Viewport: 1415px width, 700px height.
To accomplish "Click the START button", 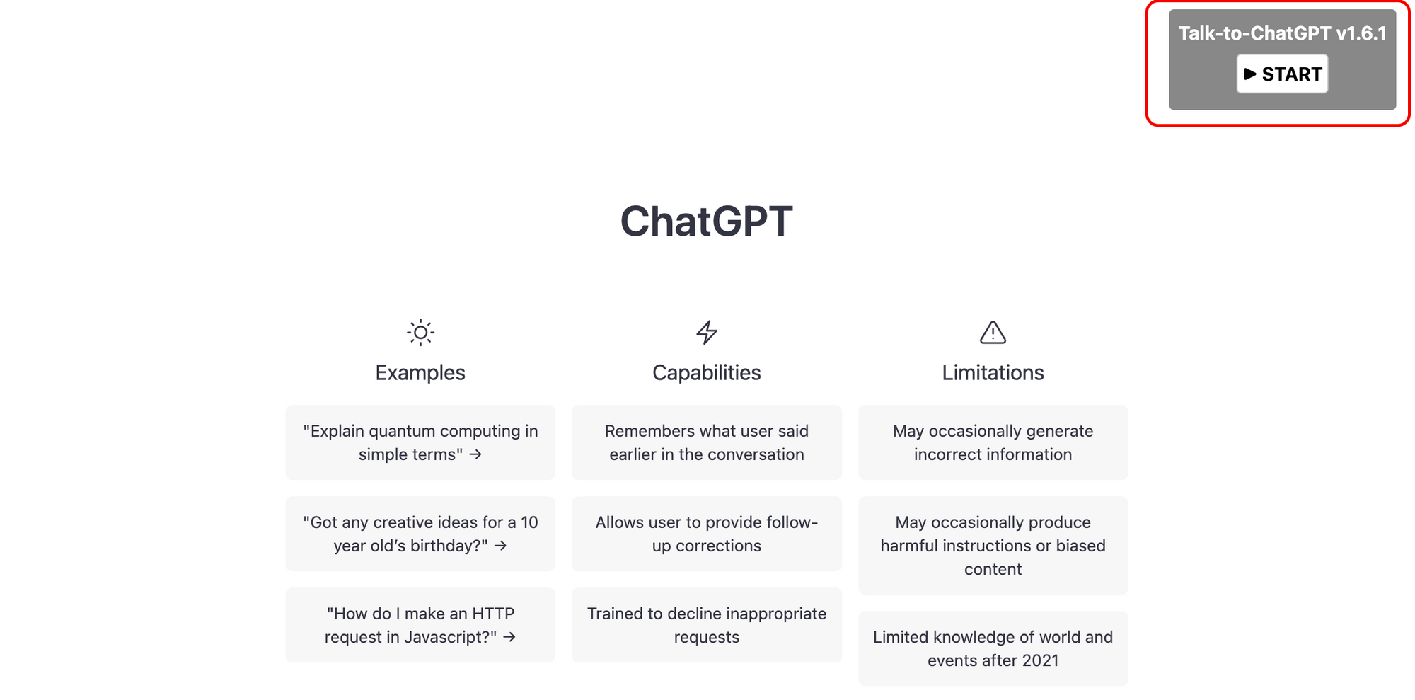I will (x=1282, y=74).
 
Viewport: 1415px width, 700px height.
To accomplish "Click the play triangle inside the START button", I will (x=1250, y=74).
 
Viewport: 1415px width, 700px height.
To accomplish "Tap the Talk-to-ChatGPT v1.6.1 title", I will (x=1282, y=33).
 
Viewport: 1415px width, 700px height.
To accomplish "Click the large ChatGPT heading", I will (x=706, y=221).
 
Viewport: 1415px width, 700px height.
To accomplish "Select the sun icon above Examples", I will (x=420, y=332).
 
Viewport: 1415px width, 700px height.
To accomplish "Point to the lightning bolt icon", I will (x=706, y=332).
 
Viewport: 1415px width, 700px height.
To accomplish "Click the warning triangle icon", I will (x=993, y=332).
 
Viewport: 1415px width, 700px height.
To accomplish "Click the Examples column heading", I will (x=420, y=372).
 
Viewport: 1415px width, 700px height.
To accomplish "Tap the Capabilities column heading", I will (x=706, y=372).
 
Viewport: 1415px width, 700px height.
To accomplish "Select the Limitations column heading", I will (x=993, y=372).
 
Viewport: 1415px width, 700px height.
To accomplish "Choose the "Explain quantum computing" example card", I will (x=420, y=442).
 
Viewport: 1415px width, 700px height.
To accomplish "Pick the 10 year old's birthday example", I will (x=420, y=534).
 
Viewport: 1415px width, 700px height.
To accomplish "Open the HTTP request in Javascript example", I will (x=420, y=625).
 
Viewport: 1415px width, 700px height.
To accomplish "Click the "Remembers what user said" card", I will (x=706, y=442).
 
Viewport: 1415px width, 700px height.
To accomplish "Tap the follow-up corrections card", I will (x=706, y=534).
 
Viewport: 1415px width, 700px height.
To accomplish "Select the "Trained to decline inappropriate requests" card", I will (x=706, y=625).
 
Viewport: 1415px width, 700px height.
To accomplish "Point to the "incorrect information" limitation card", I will (x=993, y=442).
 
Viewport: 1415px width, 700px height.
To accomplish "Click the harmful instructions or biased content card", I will (x=993, y=545).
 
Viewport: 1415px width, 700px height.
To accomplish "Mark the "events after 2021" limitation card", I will (x=993, y=648).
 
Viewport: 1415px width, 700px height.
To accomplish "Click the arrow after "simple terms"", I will (x=475, y=454).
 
